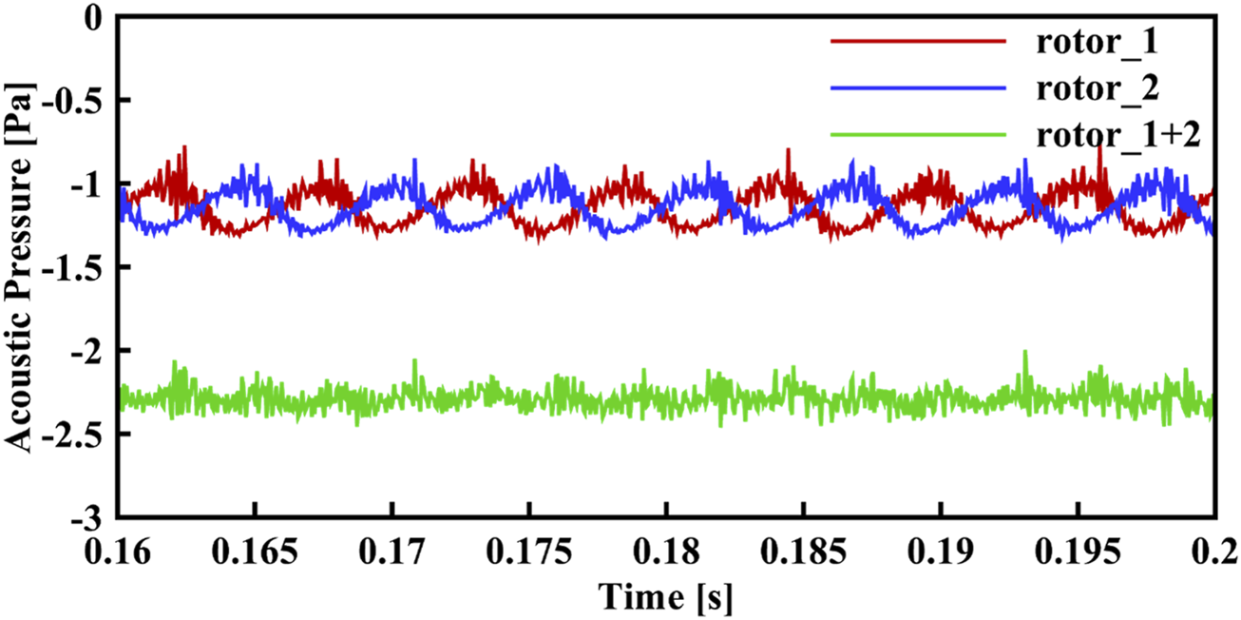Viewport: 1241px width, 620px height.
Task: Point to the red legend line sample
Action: [917, 41]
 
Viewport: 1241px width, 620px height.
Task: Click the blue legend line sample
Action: [917, 87]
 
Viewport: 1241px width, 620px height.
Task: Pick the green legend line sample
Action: [917, 134]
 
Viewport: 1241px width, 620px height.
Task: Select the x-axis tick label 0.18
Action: [666, 549]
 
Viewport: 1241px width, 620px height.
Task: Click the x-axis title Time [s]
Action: [665, 597]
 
